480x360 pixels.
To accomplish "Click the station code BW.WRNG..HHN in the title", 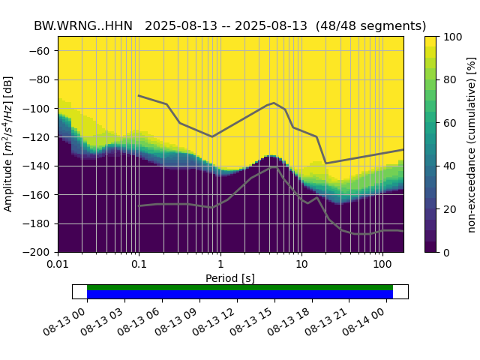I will click(83, 26).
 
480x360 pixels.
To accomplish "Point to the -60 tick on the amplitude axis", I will click(41, 50).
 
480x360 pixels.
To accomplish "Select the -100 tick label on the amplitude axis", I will click(39, 108).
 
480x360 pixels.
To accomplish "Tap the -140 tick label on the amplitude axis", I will click(39, 166).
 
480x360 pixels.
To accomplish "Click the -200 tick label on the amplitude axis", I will click(39, 252).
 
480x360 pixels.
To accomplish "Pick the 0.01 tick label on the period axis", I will click(58, 265).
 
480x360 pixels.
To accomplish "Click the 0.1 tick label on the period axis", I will click(139, 265).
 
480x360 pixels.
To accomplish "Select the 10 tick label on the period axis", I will click(301, 265).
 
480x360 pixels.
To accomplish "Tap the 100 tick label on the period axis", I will click(382, 265).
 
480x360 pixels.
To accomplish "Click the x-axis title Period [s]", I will click(230, 278).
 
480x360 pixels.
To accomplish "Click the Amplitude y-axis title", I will click(9, 144).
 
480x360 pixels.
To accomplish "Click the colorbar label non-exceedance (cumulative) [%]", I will click(472, 144).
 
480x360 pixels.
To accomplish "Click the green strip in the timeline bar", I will click(240, 287).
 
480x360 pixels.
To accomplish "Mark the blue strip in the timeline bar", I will click(240, 294).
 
